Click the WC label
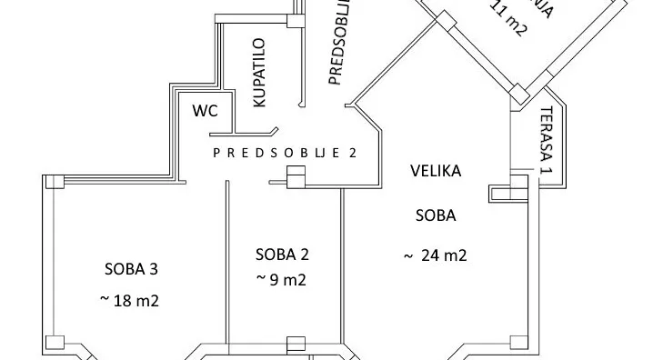point(206,111)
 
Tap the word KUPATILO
point(259,74)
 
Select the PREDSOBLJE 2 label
point(285,153)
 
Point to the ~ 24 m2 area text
point(435,256)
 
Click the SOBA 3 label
point(133,269)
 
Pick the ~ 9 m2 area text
point(281,280)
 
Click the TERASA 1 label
point(547,142)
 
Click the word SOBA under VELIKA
point(435,216)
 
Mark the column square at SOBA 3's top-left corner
point(55,180)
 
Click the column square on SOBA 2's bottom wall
point(294,345)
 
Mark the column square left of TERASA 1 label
point(517,93)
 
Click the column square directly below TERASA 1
point(519,185)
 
